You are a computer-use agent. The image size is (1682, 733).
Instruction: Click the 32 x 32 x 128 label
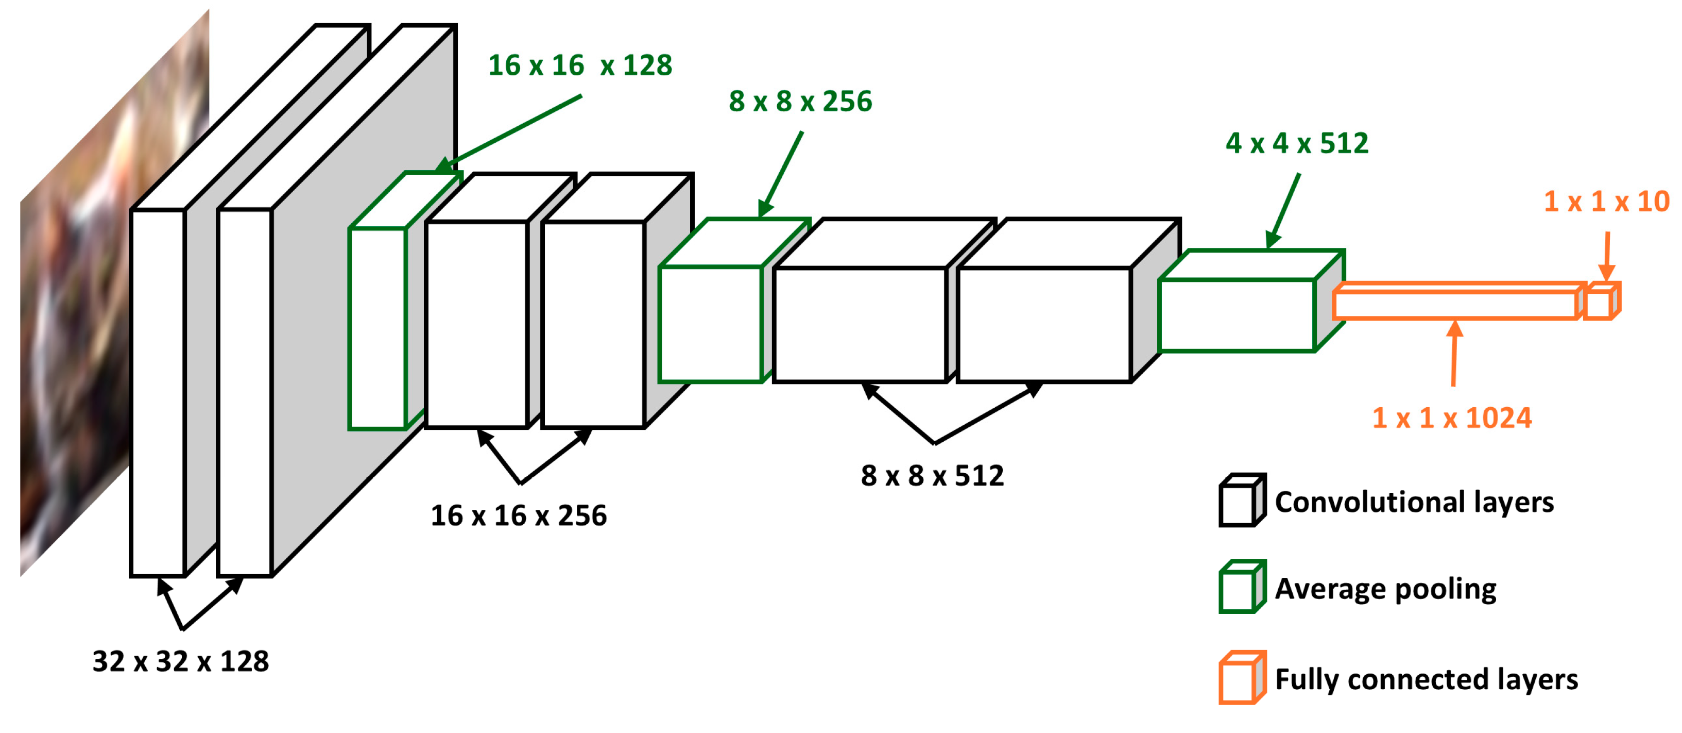coord(180,661)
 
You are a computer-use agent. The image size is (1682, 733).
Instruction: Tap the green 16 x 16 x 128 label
coord(580,65)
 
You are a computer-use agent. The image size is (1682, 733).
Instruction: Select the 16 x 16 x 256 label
coord(519,515)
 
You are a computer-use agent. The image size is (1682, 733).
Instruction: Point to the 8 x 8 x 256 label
coord(800,101)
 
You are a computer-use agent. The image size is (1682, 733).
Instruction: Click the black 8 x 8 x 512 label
coord(932,476)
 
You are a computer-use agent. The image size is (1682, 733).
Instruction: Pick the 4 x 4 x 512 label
coord(1297,143)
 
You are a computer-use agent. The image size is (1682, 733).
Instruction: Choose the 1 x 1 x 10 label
coord(1606,201)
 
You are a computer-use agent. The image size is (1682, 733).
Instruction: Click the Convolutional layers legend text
coord(1414,502)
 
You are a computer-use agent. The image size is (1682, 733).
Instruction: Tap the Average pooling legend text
coord(1385,589)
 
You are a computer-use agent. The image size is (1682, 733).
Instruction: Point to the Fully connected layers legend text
coord(1426,679)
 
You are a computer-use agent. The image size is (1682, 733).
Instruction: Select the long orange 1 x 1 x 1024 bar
coord(1456,303)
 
